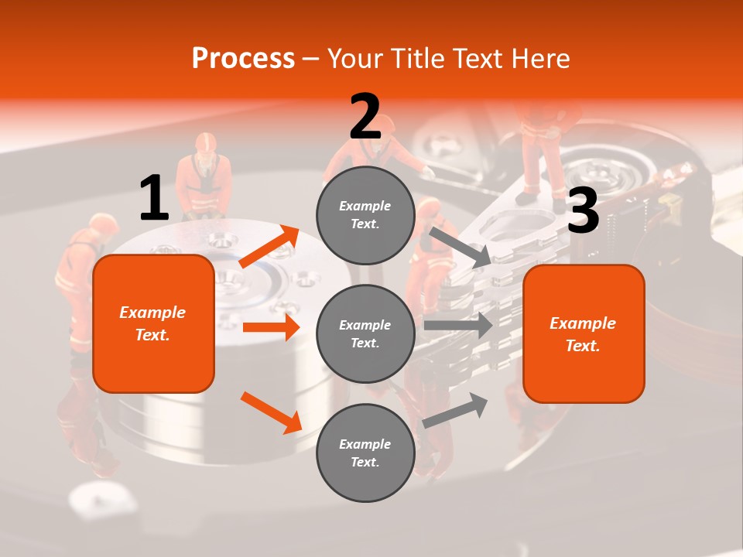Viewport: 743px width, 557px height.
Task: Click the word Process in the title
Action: [x=243, y=59]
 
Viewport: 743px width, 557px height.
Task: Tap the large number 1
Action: [x=154, y=199]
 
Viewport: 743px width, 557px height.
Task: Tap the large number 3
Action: [x=583, y=210]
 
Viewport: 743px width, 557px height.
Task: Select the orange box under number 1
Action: [x=153, y=323]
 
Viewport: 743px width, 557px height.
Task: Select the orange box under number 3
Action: [x=584, y=333]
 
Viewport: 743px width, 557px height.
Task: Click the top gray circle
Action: [x=365, y=215]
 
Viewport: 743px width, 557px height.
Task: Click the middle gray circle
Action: [x=365, y=333]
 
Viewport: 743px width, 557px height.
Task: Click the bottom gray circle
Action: [x=365, y=453]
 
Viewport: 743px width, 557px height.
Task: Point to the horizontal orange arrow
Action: [x=271, y=327]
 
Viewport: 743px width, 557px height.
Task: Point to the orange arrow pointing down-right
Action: [x=271, y=412]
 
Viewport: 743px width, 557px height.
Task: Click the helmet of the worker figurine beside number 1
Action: [x=205, y=143]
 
